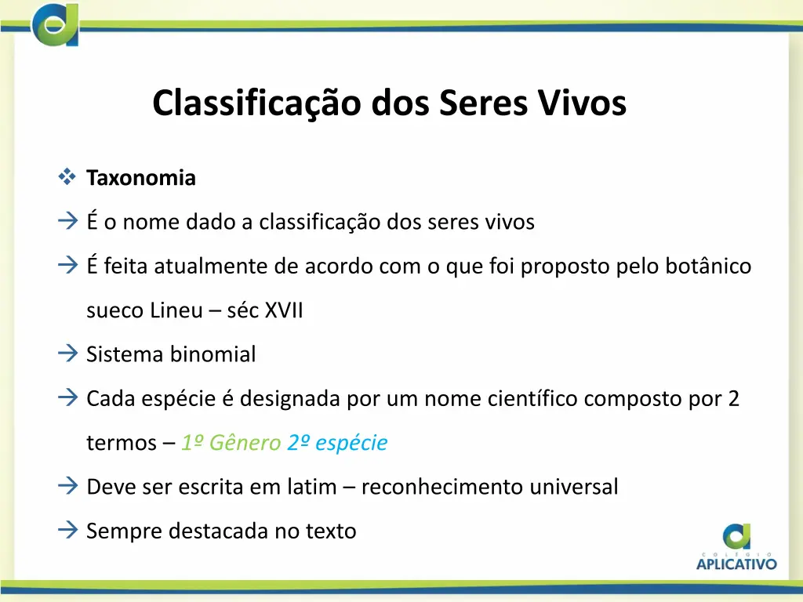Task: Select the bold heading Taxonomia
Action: pos(141,179)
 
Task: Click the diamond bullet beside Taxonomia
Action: pos(66,178)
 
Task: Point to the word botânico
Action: pos(708,267)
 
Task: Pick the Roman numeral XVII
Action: pos(283,311)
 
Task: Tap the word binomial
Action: pos(213,355)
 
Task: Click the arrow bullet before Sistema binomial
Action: pos(67,354)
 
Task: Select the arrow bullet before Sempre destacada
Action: pos(67,531)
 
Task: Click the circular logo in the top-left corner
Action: pos(56,25)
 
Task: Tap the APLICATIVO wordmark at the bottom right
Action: pos(736,562)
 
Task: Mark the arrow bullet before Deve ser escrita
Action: pos(67,487)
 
